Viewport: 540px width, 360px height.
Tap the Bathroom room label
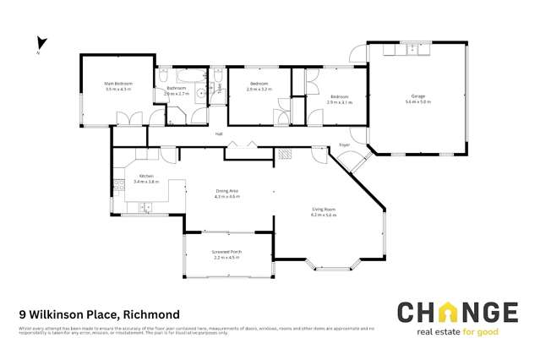(176, 88)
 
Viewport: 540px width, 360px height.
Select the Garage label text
(417, 97)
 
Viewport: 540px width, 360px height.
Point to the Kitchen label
(146, 176)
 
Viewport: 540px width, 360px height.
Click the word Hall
(218, 134)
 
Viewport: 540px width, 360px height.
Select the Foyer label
(344, 145)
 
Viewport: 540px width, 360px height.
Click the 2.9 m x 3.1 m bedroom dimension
(339, 101)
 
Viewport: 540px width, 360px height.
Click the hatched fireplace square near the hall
(286, 154)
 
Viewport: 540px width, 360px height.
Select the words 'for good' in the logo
(482, 331)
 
